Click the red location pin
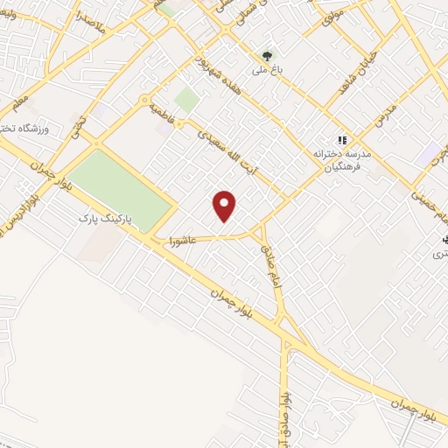[226, 206]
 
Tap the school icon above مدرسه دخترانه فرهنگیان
[341, 139]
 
